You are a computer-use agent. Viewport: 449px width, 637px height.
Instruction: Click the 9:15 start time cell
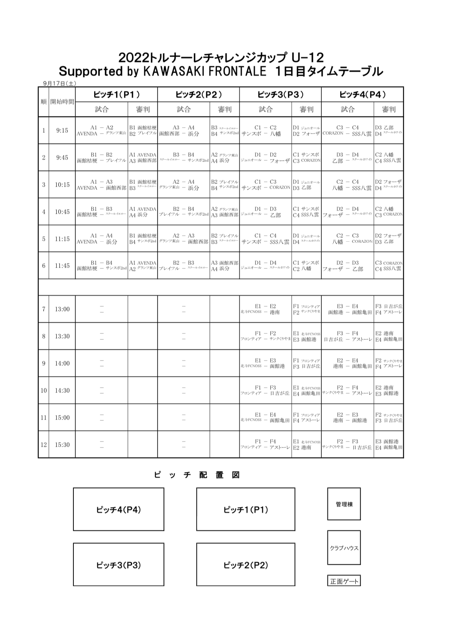62,130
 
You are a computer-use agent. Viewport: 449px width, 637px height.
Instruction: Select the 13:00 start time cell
62,309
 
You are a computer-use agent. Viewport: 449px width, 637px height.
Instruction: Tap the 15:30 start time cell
62,445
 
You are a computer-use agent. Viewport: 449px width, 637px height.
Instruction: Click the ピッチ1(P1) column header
116,95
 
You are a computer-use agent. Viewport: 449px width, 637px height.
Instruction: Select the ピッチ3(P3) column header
280,95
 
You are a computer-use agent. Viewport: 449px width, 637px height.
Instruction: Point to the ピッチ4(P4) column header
362,95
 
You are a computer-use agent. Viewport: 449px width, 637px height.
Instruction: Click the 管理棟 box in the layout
344,504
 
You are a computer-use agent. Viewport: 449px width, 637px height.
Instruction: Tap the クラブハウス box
344,548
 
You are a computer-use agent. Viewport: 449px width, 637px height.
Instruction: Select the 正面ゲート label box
344,581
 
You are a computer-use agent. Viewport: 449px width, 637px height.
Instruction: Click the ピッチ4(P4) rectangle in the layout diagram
118,509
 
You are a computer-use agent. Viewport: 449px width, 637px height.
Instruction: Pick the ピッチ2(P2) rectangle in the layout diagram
246,565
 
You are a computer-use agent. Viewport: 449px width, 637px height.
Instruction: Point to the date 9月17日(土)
59,83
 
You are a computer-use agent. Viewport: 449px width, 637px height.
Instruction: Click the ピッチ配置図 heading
197,475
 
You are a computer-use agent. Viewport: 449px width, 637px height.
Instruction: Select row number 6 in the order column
43,266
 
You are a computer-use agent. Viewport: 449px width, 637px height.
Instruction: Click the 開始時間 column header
62,102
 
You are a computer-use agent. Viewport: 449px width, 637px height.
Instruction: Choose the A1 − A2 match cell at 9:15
102,130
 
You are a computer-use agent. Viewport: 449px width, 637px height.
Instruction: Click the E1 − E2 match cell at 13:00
265,309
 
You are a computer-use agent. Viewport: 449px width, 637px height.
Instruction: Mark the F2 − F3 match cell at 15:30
347,445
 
